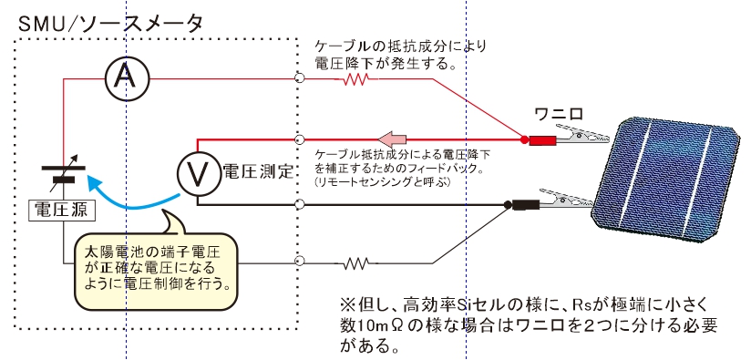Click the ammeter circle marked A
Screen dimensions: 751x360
click(x=127, y=78)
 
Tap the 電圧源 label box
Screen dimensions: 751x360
click(x=61, y=210)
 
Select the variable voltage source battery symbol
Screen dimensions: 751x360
click(x=64, y=169)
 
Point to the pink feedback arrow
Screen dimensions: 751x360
click(x=392, y=139)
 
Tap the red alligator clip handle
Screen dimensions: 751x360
click(x=542, y=140)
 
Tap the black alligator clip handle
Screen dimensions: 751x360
click(x=526, y=205)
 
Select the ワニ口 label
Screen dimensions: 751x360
click(x=559, y=114)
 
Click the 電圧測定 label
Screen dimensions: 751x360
click(x=258, y=171)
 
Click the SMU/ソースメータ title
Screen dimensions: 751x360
click(x=110, y=23)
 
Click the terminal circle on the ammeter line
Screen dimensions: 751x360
click(x=299, y=78)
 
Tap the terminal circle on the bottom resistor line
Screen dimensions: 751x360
click(x=299, y=262)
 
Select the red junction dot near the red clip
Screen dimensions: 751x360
click(x=524, y=139)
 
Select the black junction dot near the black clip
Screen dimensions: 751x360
click(x=508, y=205)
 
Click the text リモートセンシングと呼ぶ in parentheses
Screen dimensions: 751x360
click(x=383, y=182)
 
